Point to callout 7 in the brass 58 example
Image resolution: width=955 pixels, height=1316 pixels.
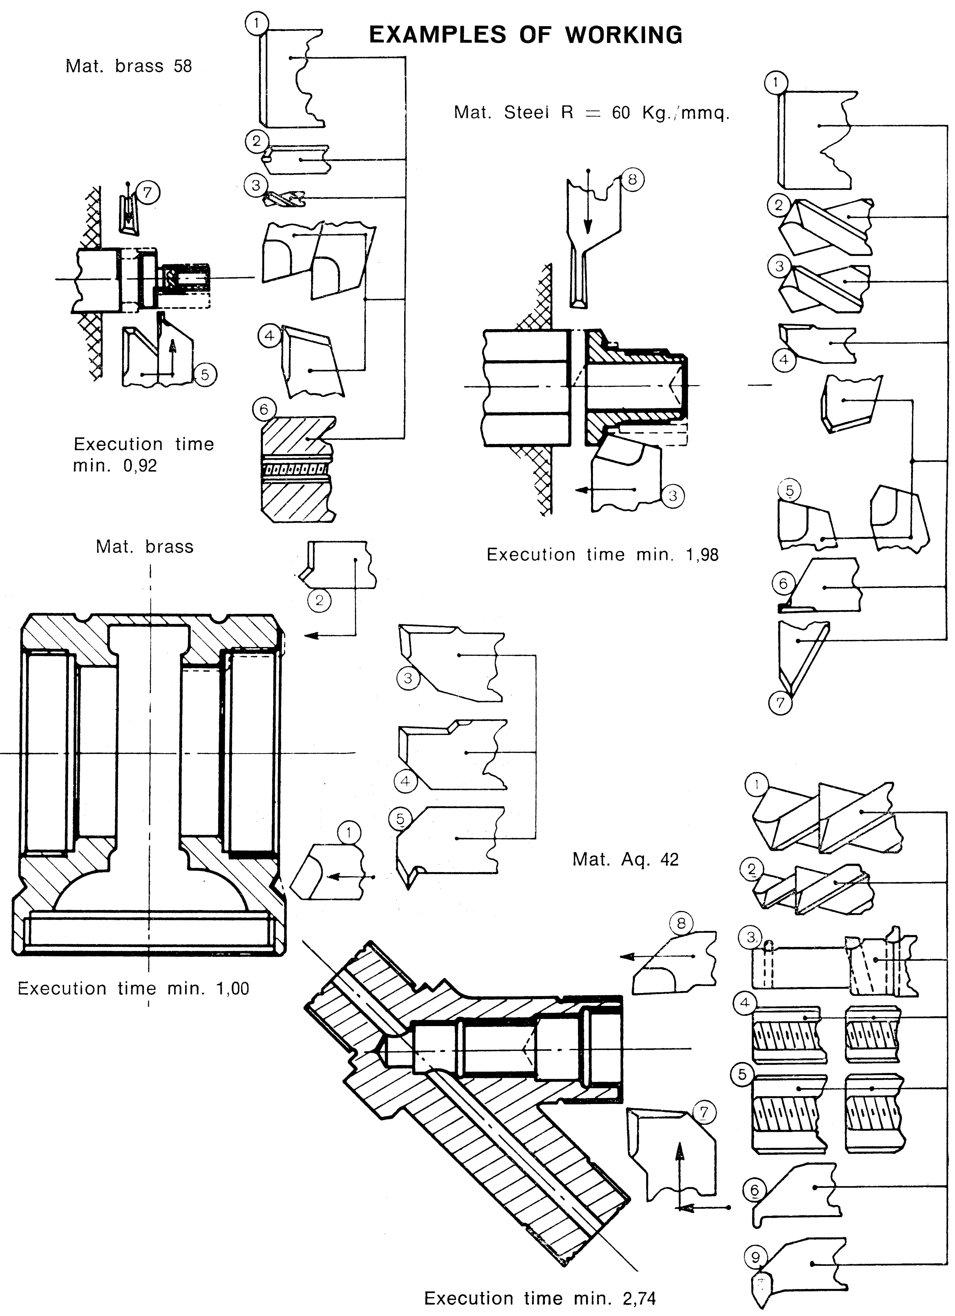[147, 192]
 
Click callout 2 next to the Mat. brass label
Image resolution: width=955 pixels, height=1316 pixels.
[319, 601]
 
